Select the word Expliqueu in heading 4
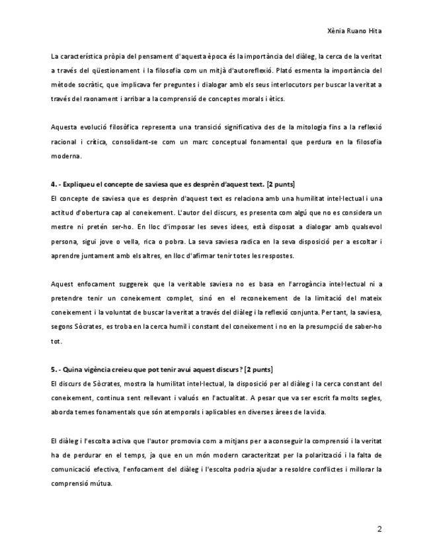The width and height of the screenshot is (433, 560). pyautogui.click(x=81, y=184)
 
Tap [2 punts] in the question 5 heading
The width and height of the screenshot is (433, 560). pyautogui.click(x=258, y=368)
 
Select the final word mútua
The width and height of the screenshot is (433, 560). pyautogui.click(x=99, y=483)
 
